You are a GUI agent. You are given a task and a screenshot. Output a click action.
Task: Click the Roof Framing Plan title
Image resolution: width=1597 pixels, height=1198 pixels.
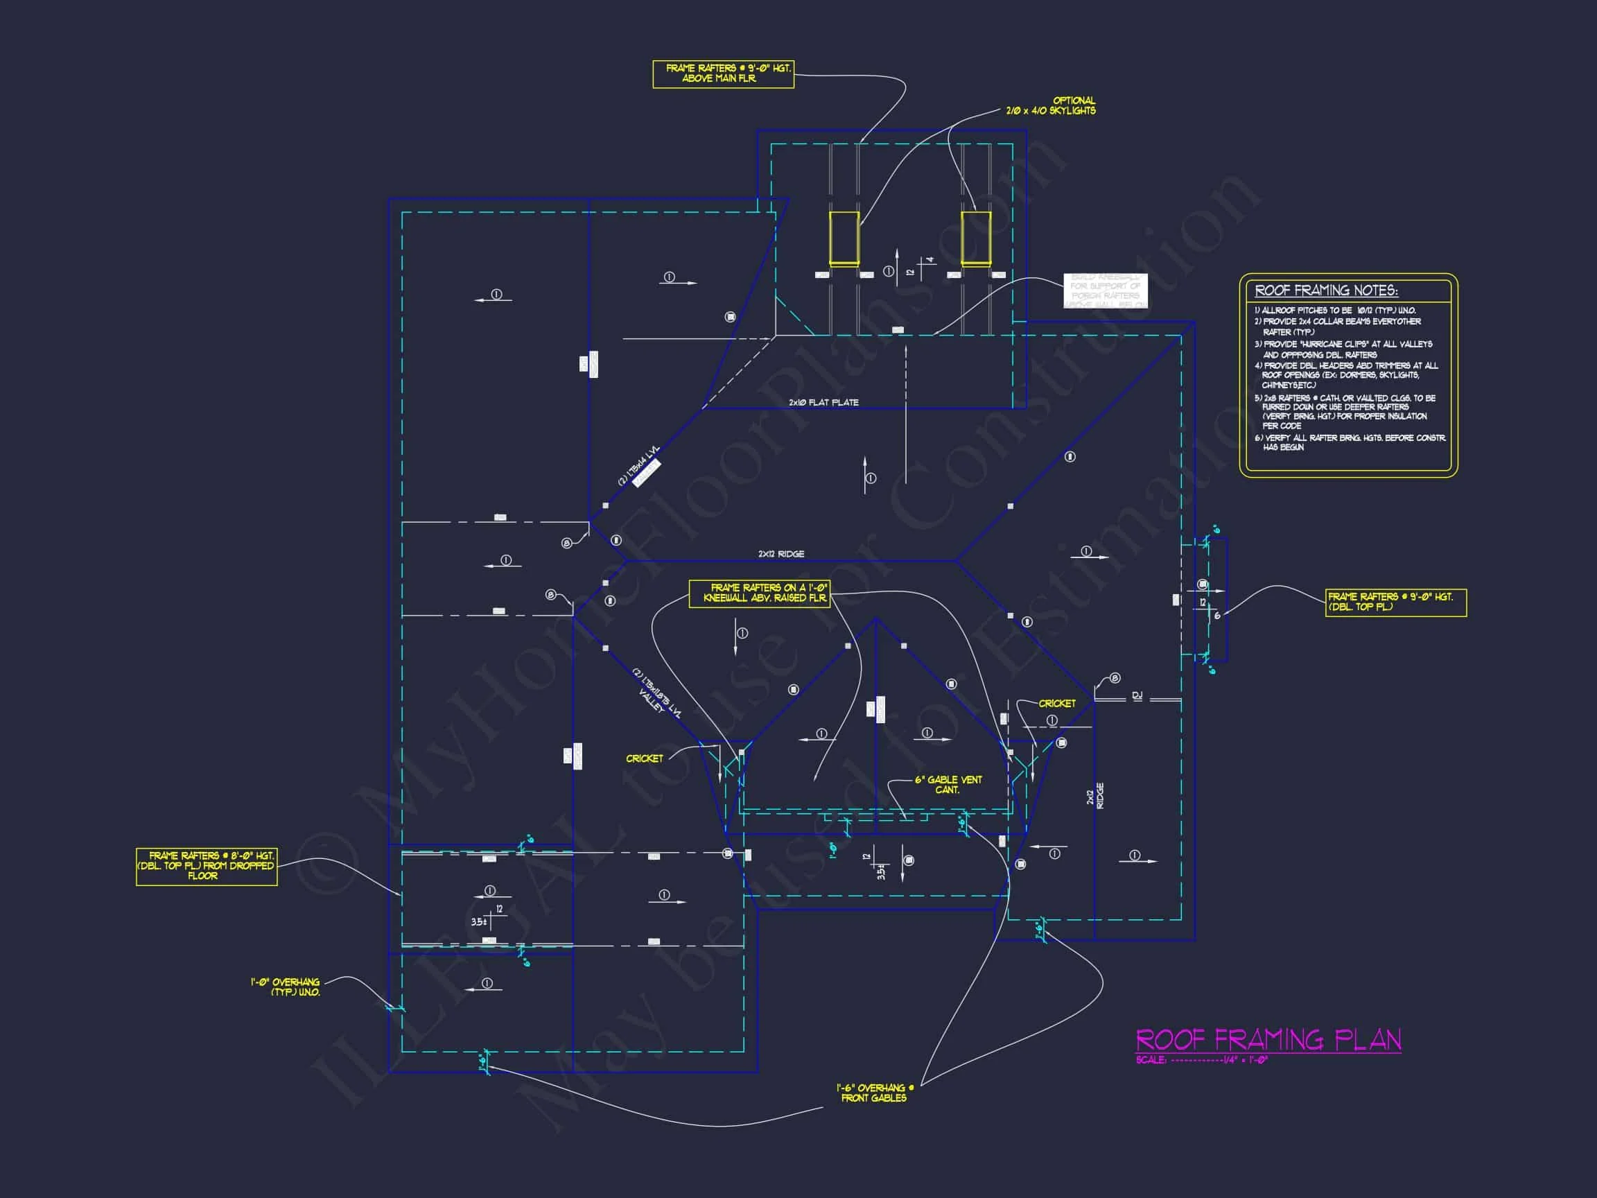1268,1041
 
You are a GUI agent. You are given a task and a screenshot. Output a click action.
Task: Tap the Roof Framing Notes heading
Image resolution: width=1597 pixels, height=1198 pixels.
1326,291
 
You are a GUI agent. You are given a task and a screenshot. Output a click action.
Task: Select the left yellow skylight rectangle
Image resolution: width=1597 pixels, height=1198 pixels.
844,238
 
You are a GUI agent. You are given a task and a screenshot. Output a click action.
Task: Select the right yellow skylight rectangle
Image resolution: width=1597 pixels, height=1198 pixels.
975,238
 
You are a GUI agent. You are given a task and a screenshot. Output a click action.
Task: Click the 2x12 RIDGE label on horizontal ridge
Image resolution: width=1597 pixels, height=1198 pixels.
780,554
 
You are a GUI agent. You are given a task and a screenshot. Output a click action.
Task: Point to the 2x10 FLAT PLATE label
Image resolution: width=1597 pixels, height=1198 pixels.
823,403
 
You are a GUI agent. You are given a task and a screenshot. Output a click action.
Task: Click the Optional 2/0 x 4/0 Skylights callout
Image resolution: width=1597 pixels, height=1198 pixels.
1051,105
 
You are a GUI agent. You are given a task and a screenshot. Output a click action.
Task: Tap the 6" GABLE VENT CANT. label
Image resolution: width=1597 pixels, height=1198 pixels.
948,785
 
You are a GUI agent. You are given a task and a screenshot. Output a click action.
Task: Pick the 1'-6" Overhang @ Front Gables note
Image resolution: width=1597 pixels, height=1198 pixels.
874,1093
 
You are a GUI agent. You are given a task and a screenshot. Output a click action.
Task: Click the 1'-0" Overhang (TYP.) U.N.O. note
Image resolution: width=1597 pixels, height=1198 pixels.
286,987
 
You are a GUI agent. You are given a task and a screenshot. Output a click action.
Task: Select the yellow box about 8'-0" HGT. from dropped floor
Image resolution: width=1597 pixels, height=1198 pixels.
207,866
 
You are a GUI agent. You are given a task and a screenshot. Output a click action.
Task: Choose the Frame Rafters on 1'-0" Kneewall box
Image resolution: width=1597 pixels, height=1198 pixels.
760,593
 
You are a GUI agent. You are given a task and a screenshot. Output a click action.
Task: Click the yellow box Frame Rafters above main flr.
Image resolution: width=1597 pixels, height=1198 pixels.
723,73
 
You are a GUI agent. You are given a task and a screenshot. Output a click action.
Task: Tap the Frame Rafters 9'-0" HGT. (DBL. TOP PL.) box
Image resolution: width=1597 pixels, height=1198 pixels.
1395,602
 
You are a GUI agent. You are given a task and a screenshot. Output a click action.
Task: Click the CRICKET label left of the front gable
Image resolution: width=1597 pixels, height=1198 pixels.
644,758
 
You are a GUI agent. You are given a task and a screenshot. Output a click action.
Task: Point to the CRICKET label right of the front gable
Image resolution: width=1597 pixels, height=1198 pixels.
1057,704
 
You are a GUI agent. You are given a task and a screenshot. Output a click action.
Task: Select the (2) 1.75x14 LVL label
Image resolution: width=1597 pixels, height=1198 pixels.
638,466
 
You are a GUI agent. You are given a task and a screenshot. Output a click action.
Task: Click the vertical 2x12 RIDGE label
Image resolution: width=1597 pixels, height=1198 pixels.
1095,796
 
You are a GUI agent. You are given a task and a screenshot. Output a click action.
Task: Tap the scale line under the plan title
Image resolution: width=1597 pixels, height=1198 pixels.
1201,1060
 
